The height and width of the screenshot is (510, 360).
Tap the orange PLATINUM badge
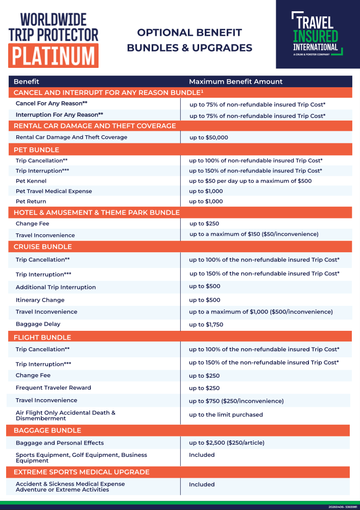pyautogui.click(x=54, y=55)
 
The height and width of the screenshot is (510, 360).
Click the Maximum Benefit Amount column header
pyautogui.click(x=235, y=82)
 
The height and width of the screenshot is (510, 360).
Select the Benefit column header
pyautogui.click(x=27, y=82)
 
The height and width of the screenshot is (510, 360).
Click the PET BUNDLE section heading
pyautogui.click(x=36, y=150)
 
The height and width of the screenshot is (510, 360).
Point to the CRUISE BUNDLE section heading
pyautogui.click(x=42, y=247)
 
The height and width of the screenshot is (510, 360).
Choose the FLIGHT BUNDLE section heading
pyautogui.click(x=42, y=337)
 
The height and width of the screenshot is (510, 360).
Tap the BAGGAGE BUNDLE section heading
pyautogui.click(x=47, y=430)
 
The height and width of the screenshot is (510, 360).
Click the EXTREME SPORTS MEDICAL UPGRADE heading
pyautogui.click(x=81, y=472)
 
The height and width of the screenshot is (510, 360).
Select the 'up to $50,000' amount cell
pyautogui.click(x=208, y=137)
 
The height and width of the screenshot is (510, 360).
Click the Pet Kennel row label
pyautogui.click(x=31, y=181)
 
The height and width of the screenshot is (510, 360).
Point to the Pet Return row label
pyautogui.click(x=31, y=202)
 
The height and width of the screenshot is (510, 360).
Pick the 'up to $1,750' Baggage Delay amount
pyautogui.click(x=206, y=324)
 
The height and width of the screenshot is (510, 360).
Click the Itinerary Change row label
pyautogui.click(x=40, y=300)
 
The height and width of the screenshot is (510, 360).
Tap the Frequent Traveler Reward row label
pyautogui.click(x=53, y=388)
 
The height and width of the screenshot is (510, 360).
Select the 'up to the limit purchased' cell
pyautogui.click(x=226, y=415)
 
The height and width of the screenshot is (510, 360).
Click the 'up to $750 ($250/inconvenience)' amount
pyautogui.click(x=236, y=401)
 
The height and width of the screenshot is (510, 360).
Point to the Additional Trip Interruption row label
pyautogui.click(x=56, y=287)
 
